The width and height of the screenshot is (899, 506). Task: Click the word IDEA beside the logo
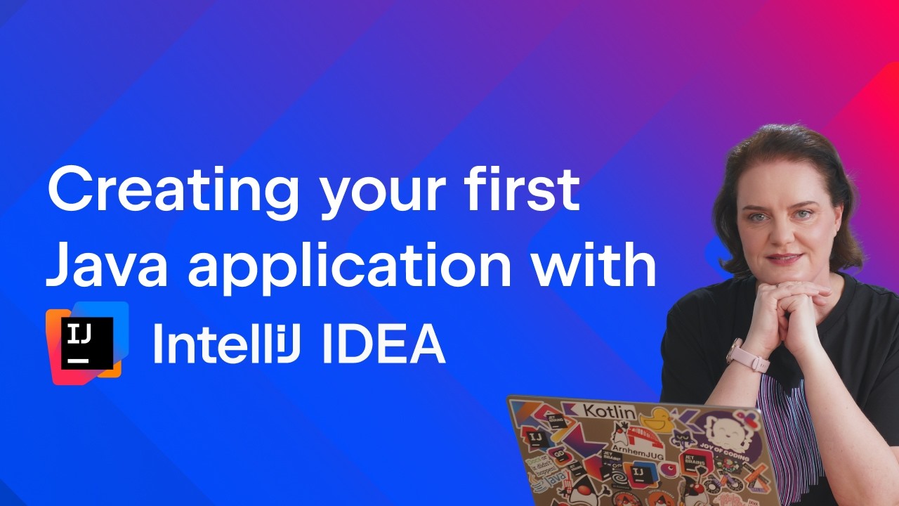(x=384, y=344)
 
